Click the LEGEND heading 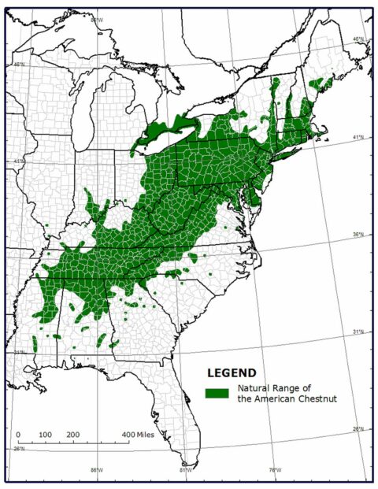(231, 372)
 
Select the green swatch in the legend (217, 392)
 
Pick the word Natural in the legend (254, 387)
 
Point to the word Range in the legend (291, 387)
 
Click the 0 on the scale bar (18, 434)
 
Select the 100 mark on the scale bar (45, 434)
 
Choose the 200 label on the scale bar (72, 434)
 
